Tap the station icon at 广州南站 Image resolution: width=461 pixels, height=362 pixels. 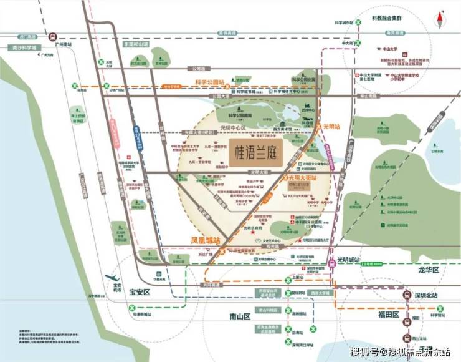[54, 37]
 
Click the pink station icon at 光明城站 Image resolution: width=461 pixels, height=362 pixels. [332, 263]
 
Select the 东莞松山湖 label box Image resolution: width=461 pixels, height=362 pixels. [136, 44]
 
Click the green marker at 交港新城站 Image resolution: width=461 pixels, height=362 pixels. [132, 307]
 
